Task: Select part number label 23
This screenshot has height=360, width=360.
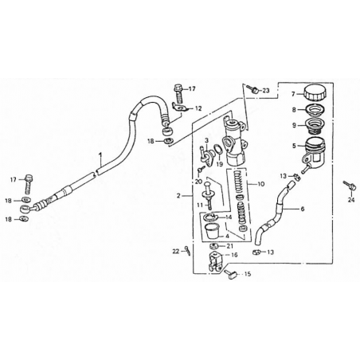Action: pyautogui.click(x=266, y=91)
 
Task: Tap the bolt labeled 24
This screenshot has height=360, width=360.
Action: pyautogui.click(x=349, y=186)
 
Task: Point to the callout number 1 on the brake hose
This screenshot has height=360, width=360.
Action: pyautogui.click(x=100, y=155)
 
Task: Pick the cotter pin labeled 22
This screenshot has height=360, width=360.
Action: pyautogui.click(x=187, y=250)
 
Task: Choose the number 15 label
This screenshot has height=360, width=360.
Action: pyautogui.click(x=248, y=274)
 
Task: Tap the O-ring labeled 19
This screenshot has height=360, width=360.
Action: pyautogui.click(x=217, y=149)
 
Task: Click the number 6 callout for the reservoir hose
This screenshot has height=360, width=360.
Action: pyautogui.click(x=303, y=209)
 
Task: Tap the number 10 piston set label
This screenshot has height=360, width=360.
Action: pyautogui.click(x=261, y=184)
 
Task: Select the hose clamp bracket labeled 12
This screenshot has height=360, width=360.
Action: pyautogui.click(x=179, y=108)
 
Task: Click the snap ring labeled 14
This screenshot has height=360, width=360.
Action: pyautogui.click(x=209, y=217)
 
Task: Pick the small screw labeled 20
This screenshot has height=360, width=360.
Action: pyautogui.click(x=201, y=168)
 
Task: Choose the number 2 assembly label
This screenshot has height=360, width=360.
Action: pyautogui.click(x=178, y=196)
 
